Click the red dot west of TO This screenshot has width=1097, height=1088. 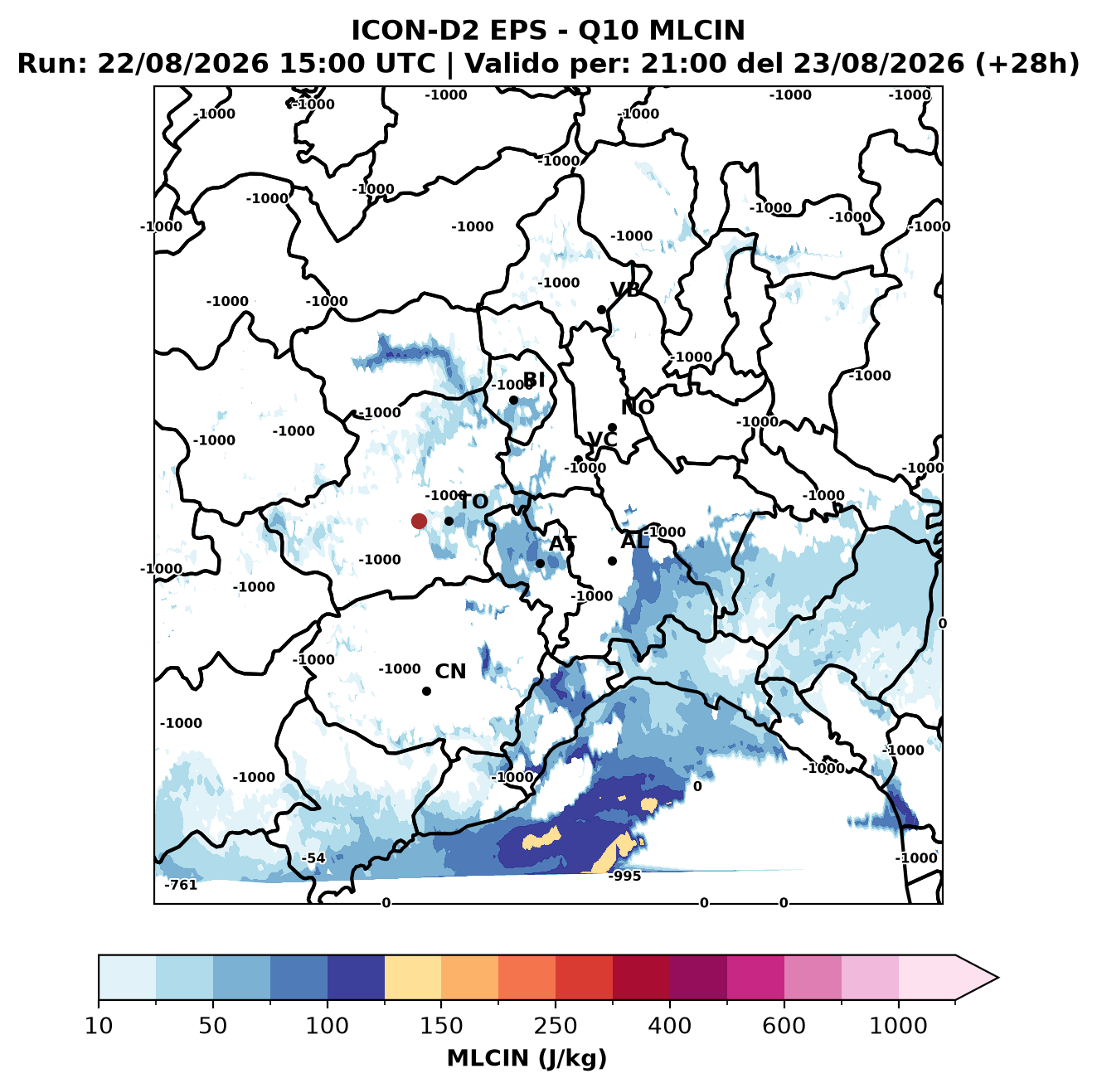(x=419, y=521)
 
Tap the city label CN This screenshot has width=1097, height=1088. (x=450, y=672)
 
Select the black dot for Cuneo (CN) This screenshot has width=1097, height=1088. (x=426, y=691)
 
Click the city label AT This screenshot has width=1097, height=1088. (x=562, y=544)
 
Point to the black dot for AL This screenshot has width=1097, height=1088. (x=612, y=561)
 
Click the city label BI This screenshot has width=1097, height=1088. (x=533, y=380)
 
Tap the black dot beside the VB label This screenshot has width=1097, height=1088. (x=601, y=309)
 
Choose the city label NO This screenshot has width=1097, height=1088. (x=637, y=407)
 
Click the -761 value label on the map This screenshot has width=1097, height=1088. (x=181, y=885)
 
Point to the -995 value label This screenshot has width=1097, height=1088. (x=624, y=876)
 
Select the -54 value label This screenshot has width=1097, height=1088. (x=313, y=858)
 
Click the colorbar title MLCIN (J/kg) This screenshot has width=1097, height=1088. (x=527, y=1058)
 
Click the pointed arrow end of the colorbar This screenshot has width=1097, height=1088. (x=997, y=978)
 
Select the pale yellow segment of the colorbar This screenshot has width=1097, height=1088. (x=413, y=978)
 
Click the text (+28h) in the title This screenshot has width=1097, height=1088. (x=1027, y=64)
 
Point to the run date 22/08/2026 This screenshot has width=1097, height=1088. (x=182, y=64)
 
